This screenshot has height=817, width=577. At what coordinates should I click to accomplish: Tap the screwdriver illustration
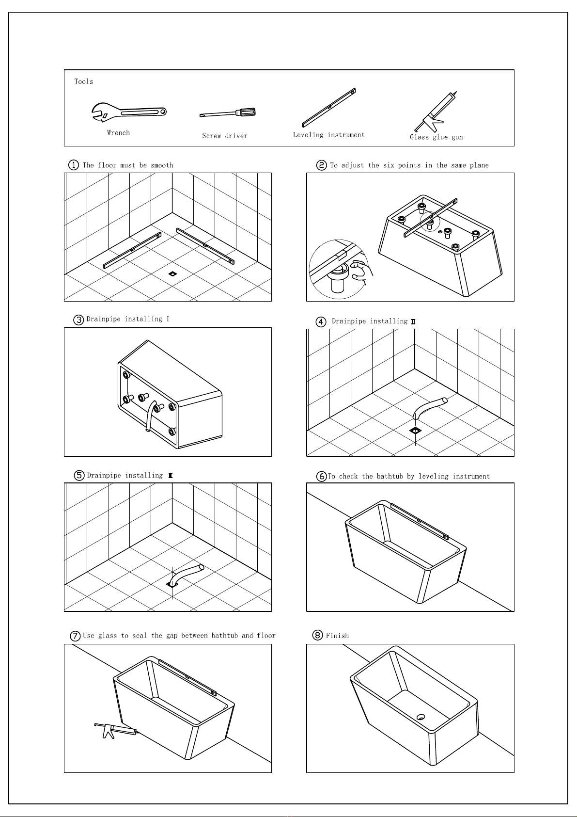pos(228,113)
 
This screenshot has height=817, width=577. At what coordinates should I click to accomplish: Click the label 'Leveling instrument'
pos(328,135)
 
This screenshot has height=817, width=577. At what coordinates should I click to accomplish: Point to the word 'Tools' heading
pos(83,81)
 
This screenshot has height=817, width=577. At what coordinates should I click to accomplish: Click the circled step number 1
pos(73,165)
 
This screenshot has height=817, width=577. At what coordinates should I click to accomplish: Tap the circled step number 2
pos(322,165)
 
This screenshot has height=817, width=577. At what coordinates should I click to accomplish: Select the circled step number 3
pos(78,320)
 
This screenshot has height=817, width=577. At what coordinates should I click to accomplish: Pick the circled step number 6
pos(321,476)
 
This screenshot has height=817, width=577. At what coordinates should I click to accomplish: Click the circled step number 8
pos(318,635)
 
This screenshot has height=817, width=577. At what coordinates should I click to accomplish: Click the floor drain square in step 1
pos(172,274)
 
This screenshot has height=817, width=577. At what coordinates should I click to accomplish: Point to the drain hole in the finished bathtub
pos(421,717)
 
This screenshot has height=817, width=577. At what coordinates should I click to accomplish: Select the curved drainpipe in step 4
pos(428,407)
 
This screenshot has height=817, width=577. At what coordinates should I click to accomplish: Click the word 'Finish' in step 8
pos(337,636)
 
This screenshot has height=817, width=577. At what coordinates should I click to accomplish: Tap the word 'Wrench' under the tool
pos(118,132)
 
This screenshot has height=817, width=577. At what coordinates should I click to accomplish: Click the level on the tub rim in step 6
pos(419,521)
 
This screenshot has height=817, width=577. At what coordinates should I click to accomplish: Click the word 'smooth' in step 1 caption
pos(162,165)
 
